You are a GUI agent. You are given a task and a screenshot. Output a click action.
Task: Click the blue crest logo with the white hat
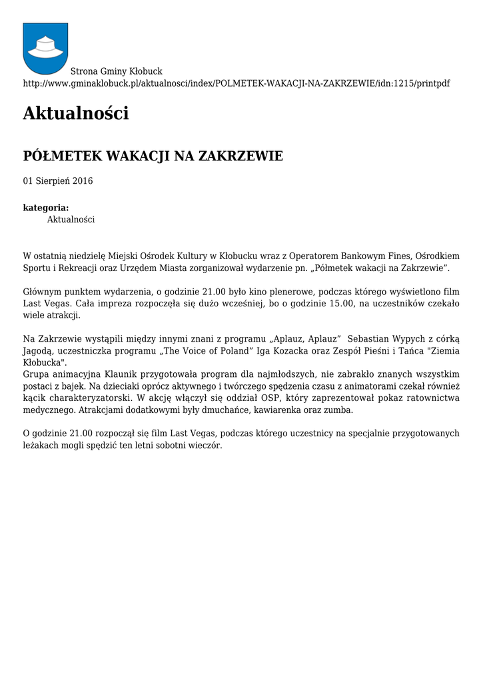pyautogui.click(x=45, y=48)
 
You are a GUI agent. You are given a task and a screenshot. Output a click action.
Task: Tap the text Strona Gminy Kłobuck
pyautogui.click(x=116, y=71)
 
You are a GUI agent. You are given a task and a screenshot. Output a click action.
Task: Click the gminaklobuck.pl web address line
pyautogui.click(x=236, y=83)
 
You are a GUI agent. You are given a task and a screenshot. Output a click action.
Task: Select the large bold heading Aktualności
pyautogui.click(x=75, y=113)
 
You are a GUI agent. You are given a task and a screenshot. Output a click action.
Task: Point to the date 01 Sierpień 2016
pyautogui.click(x=58, y=181)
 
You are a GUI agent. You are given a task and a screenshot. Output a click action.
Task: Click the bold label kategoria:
pyautogui.click(x=46, y=208)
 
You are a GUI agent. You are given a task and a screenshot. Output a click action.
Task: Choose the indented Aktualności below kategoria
pyautogui.click(x=71, y=219)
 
